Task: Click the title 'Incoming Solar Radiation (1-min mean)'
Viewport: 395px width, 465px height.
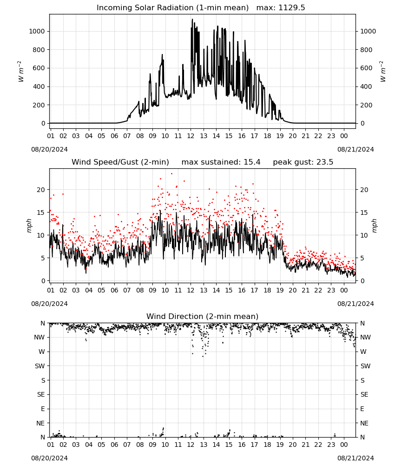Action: pos(172,8)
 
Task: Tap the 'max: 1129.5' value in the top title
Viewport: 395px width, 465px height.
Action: pos(281,8)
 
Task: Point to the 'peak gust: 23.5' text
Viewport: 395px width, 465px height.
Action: pos(303,162)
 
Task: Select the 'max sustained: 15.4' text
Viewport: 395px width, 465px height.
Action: pos(221,162)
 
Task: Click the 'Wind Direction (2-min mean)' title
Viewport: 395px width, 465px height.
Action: pos(203,316)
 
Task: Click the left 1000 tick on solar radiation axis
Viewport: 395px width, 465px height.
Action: pos(37,31)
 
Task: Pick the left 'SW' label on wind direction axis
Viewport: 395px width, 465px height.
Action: pos(39,366)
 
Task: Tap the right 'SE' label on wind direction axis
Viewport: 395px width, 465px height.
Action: pos(364,394)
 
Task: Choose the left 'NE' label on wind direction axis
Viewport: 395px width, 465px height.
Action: pos(40,423)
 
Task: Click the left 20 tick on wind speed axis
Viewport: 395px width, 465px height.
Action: pos(41,190)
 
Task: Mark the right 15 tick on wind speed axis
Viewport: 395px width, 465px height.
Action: pos(364,213)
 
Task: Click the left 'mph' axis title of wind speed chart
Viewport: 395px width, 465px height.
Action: pos(29,226)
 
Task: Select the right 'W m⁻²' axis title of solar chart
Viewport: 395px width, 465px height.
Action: pos(382,72)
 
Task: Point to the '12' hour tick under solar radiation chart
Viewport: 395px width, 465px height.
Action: pos(191,136)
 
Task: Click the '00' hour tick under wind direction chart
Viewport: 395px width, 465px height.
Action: pos(344,445)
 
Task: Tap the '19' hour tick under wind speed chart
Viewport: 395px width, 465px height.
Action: pos(280,290)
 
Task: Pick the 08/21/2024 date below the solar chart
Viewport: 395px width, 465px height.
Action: pos(355,149)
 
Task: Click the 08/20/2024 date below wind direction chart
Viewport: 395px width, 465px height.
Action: pos(49,458)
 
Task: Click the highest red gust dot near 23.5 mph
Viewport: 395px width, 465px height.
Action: pos(171,174)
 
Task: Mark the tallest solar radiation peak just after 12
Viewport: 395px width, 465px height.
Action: pos(192,19)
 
